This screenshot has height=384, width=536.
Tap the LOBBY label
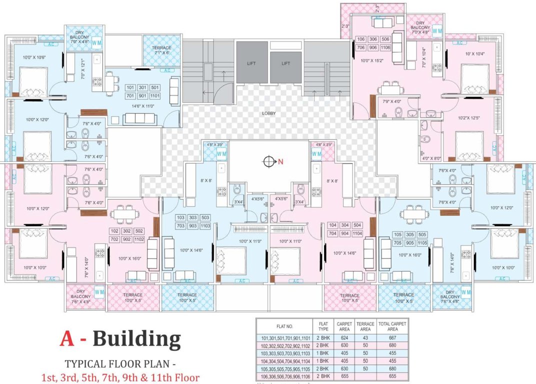(269, 113)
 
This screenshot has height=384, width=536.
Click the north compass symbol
(269, 161)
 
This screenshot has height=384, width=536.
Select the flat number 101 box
(131, 87)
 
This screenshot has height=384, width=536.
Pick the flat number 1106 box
(385, 47)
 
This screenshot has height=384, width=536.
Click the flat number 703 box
(181, 226)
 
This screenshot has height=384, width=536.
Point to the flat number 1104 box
(357, 233)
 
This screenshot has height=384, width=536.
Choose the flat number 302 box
(127, 231)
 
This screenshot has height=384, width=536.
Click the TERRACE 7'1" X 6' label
(161, 50)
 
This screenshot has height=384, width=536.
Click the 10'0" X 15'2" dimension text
(371, 60)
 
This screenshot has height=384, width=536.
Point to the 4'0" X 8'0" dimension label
(430, 159)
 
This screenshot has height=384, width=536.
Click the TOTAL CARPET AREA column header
(392, 326)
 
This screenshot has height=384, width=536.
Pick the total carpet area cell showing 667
(392, 338)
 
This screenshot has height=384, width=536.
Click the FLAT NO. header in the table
(283, 326)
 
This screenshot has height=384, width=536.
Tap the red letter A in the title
(66, 339)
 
